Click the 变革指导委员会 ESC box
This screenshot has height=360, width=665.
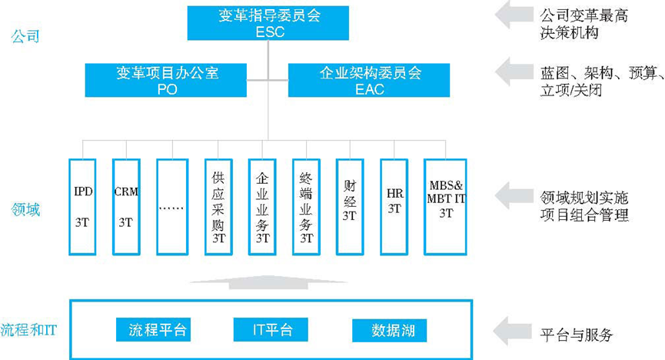(268, 22)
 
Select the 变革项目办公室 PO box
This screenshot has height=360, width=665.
(167, 80)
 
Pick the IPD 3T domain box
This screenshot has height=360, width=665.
(83, 206)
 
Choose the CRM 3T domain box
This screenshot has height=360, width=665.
(126, 206)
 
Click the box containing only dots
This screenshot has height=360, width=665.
(171, 206)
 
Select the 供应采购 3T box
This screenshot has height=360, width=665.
(218, 206)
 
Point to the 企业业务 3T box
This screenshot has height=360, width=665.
(262, 206)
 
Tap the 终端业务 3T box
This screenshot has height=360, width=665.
(307, 206)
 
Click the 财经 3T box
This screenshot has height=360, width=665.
(350, 206)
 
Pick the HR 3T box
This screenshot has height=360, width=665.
(394, 206)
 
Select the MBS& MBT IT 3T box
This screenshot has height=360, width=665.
(446, 206)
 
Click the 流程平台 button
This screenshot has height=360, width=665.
(152, 330)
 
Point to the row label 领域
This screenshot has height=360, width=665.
(25, 208)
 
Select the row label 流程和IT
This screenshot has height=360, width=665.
(29, 330)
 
